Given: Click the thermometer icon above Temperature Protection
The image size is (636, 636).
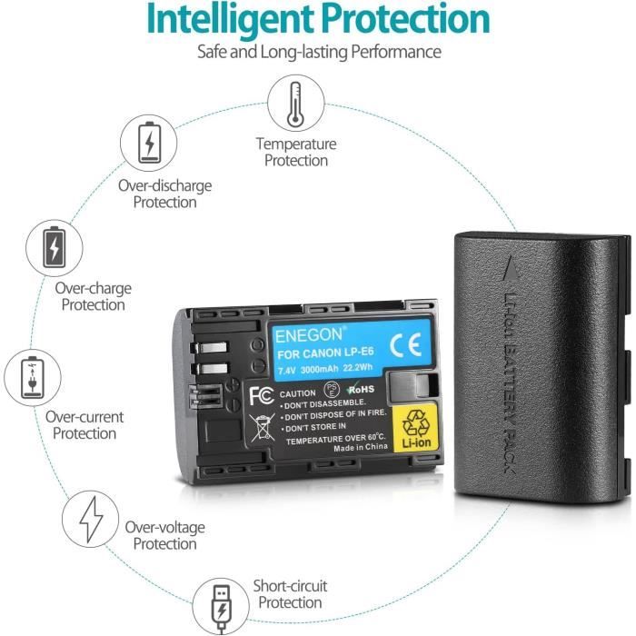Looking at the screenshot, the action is coord(295,104).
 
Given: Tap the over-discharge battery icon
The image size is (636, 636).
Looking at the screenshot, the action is coord(149,143).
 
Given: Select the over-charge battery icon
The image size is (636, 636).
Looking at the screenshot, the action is coord(55,248).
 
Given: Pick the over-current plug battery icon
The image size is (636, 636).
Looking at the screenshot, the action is coord(33,377).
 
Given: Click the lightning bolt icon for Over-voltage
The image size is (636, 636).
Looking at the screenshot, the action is coord(91,519).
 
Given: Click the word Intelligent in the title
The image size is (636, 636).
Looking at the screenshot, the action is coord(229,19).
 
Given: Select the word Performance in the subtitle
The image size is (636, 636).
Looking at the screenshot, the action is coord(396,52).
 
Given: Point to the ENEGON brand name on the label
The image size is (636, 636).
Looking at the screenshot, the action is coord(309,335).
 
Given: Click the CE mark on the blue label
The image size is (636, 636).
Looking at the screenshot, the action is coord(405,344).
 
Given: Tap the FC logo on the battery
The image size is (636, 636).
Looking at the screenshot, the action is coord(261,395).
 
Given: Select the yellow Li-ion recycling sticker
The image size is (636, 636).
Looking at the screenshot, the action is coord(415,428).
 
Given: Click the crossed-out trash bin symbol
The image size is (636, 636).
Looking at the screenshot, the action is coord(262,428).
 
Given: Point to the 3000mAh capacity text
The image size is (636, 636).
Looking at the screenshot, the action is coord(319,370).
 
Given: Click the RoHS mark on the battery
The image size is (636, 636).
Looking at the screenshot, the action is coord(360,390).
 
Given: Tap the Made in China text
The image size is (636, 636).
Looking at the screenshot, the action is coord(360,447).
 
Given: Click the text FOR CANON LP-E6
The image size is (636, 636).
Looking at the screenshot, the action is coord(325,353).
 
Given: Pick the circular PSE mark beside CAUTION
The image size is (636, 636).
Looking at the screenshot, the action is coord(332,389).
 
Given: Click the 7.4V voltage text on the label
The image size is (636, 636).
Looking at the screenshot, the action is coord(287,371).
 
